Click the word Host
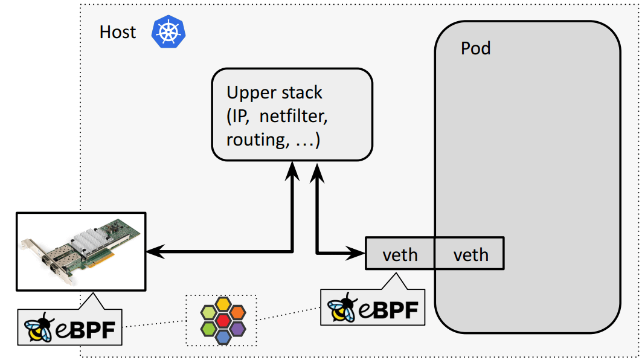click(x=118, y=32)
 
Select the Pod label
click(x=475, y=48)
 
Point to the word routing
click(x=253, y=140)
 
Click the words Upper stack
click(x=274, y=93)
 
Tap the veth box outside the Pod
click(x=400, y=254)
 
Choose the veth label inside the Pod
click(x=470, y=254)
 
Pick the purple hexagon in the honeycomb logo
click(x=237, y=327)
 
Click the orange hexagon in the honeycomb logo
click(x=237, y=312)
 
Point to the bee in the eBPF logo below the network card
click(x=40, y=329)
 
